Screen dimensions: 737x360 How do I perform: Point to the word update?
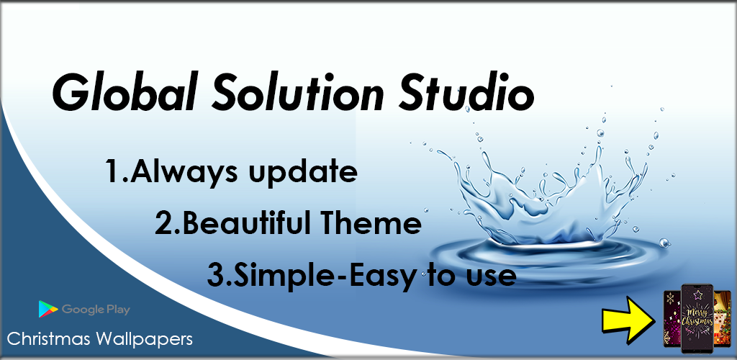302,174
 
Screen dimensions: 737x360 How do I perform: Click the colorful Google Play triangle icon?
48,310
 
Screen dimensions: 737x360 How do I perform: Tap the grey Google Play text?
96,310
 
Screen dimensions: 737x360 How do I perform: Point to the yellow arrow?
629,318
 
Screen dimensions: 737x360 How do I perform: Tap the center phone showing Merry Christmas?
697,318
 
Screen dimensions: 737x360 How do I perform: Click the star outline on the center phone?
697,294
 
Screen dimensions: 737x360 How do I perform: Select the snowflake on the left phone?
670,298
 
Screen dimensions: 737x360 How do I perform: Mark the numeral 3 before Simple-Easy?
215,276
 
